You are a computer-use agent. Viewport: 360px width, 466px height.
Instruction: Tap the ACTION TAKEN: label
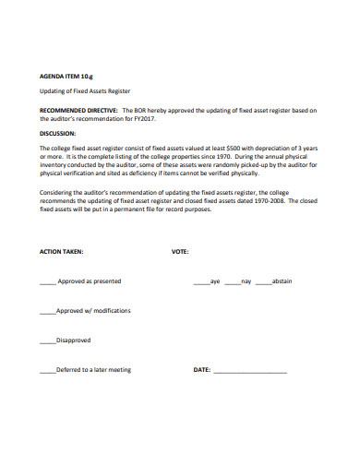[x=62, y=251]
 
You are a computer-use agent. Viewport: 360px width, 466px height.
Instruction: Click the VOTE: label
[x=180, y=251]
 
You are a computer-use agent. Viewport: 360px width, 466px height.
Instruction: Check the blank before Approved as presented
[x=48, y=281]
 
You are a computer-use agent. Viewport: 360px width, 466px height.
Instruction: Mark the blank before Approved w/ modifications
[x=48, y=311]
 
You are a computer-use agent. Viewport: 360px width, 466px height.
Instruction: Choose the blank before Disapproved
[x=48, y=341]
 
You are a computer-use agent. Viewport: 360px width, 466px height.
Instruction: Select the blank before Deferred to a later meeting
[x=48, y=370]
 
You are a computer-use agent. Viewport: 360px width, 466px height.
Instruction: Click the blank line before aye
[x=201, y=281]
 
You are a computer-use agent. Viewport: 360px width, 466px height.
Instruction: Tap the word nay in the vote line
[x=246, y=281]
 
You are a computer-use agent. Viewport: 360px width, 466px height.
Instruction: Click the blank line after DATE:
[x=250, y=371]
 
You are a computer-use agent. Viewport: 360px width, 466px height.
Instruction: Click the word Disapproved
[x=74, y=340]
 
